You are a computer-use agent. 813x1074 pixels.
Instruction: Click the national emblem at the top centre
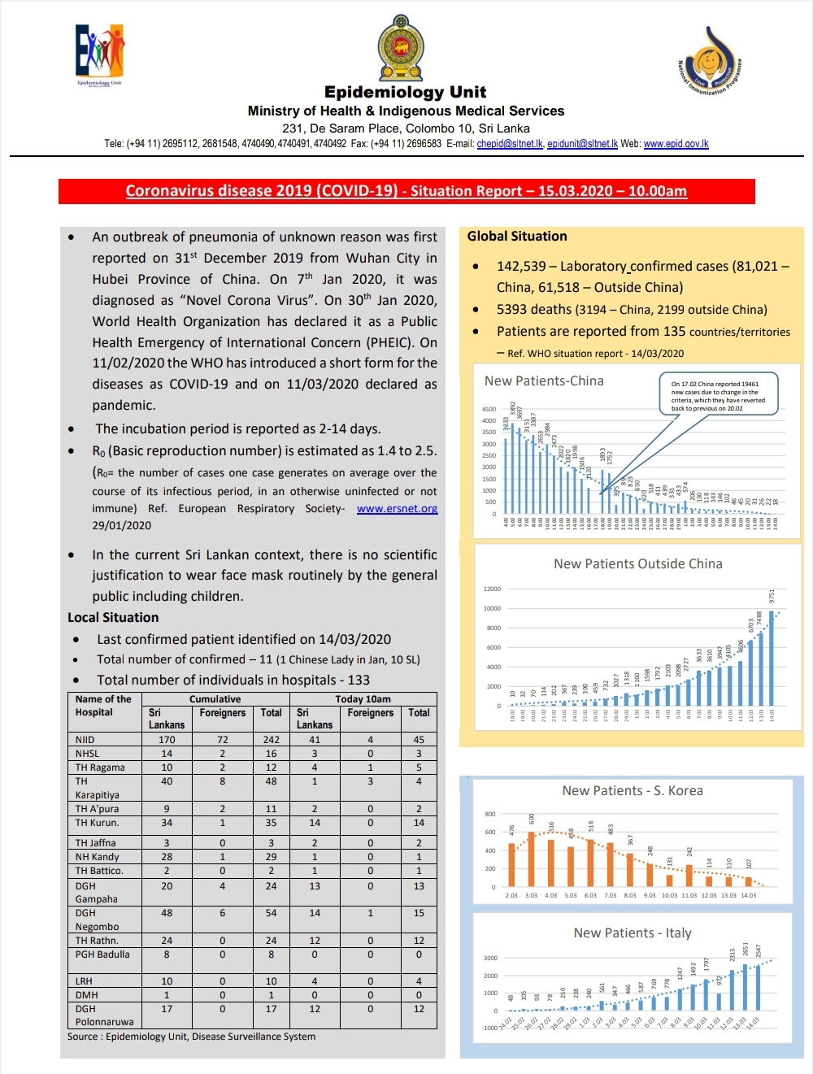pos(401,48)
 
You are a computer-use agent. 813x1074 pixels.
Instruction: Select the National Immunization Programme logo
pos(710,61)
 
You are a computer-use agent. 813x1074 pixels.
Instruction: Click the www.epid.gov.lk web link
pos(676,144)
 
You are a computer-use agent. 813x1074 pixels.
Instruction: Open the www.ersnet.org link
pos(397,509)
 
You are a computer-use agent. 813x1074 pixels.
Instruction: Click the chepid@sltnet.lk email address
pos(510,144)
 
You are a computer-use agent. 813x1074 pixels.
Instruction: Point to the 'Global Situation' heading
pos(517,237)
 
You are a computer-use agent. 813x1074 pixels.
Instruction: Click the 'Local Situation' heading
pos(113,618)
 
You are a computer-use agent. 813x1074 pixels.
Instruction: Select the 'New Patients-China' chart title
pos(544,381)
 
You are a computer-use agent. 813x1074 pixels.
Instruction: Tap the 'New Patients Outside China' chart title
pos(637,564)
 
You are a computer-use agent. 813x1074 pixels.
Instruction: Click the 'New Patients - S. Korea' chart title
pos(633,791)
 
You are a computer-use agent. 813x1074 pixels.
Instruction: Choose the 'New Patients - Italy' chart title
pos(633,933)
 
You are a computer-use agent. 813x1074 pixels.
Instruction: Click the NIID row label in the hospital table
pos(85,740)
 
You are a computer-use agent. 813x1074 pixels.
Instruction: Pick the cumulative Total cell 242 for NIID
pos(271,740)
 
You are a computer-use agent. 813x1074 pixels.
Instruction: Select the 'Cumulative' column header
pos(215,699)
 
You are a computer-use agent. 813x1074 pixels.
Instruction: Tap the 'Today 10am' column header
pos(363,699)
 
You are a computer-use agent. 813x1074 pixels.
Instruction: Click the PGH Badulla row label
pos(102,954)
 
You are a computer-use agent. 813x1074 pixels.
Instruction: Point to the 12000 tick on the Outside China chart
pos(492,589)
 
